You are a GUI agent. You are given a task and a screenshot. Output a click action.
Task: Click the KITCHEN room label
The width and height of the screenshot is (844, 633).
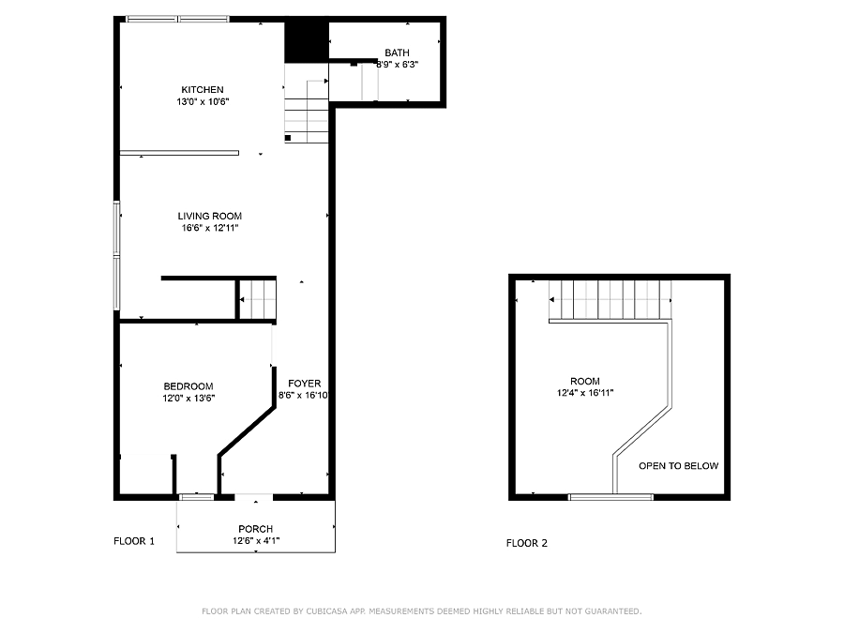[x=203, y=90]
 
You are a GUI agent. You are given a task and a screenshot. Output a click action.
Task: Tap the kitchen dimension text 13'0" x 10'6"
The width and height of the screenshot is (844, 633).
[x=203, y=101]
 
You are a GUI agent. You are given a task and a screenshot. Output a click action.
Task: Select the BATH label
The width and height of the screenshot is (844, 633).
[x=397, y=53]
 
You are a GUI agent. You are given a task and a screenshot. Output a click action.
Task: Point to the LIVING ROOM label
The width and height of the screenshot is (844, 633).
[x=210, y=216]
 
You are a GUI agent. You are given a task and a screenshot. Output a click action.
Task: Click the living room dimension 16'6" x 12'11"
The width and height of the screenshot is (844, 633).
[x=210, y=228]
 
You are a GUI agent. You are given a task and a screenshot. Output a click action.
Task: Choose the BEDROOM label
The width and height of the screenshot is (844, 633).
[x=188, y=386]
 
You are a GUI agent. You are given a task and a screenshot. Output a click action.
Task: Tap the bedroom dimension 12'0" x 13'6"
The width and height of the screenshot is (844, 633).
[x=188, y=399]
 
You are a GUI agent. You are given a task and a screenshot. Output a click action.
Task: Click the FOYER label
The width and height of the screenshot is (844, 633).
[x=304, y=384]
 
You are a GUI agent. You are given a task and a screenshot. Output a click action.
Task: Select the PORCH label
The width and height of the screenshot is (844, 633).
[x=256, y=529]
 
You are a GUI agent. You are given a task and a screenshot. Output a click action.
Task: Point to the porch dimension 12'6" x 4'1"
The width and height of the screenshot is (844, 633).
[x=256, y=541]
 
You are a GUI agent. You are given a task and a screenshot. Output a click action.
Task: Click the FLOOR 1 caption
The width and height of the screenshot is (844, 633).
[x=134, y=541]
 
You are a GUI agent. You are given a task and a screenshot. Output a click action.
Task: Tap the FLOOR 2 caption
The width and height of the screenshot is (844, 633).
[x=527, y=543]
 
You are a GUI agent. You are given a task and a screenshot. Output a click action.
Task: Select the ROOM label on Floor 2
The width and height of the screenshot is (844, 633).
[x=585, y=381]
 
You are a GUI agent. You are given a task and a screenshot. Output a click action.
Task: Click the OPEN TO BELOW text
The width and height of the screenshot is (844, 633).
[x=679, y=466]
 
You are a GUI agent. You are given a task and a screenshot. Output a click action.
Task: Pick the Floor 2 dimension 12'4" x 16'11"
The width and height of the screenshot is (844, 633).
[x=585, y=393]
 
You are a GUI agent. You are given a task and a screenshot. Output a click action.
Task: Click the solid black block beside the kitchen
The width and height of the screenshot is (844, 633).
[x=307, y=42]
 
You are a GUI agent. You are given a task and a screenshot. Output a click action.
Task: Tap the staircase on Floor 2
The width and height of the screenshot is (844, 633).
[x=610, y=300]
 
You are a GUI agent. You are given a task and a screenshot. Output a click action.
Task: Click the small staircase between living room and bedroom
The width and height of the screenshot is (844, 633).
[x=258, y=299]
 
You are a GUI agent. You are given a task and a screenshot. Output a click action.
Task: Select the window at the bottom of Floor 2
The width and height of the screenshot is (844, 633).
[x=610, y=497]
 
